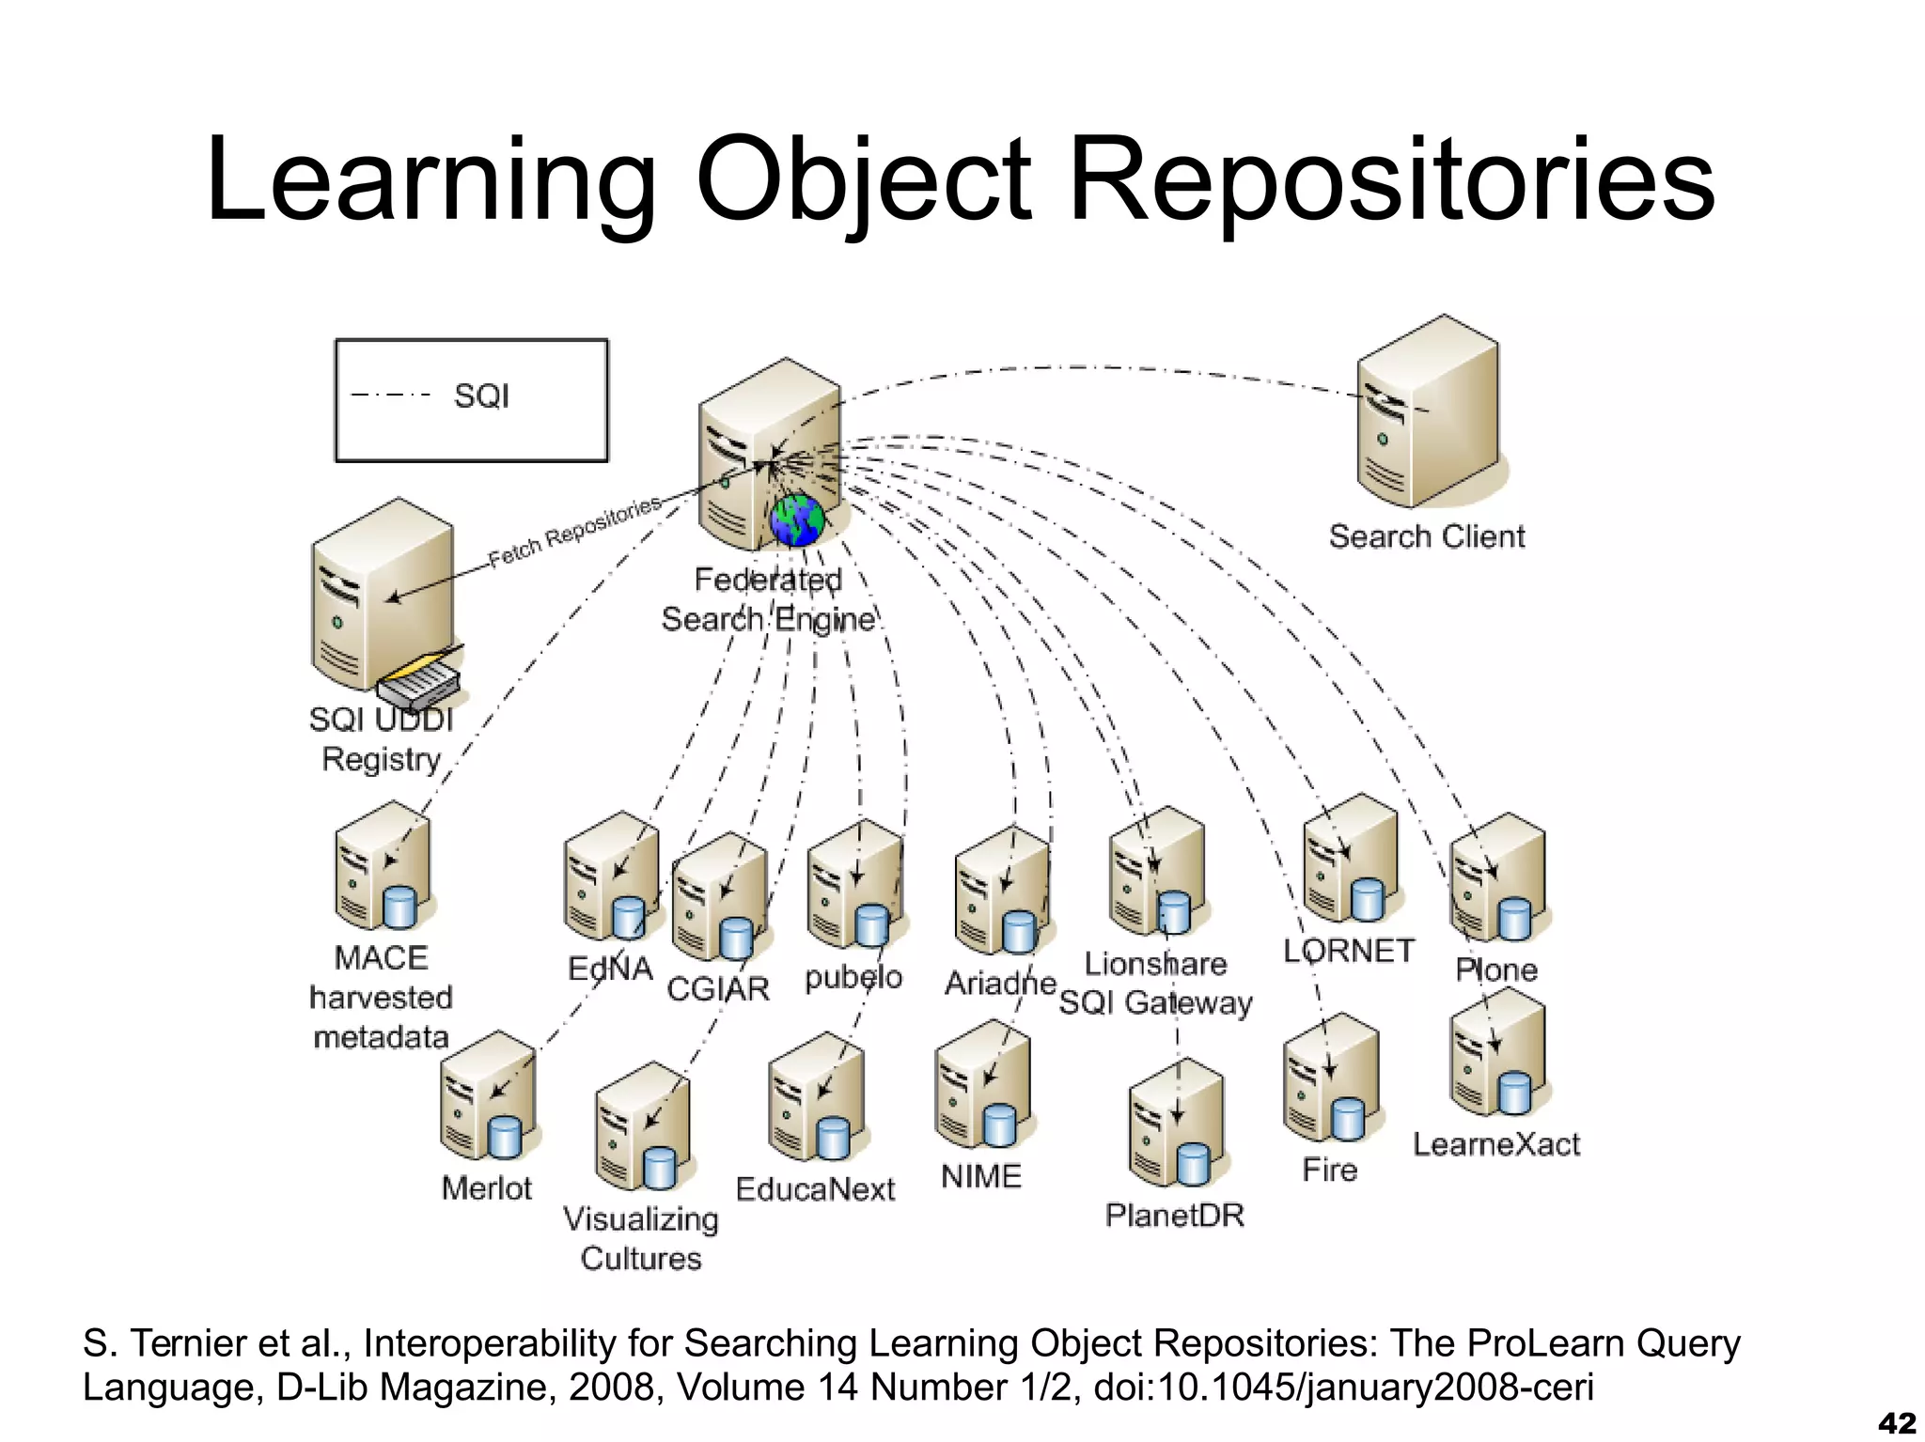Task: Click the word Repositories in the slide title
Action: pyautogui.click(x=1391, y=180)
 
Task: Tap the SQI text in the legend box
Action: pyautogui.click(x=481, y=396)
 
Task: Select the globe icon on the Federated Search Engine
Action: pyautogui.click(x=797, y=520)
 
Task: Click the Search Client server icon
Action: pyautogui.click(x=1427, y=413)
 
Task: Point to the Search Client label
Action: pyautogui.click(x=1426, y=536)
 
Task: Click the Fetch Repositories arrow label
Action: pyautogui.click(x=575, y=532)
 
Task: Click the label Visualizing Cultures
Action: pyautogui.click(x=641, y=1238)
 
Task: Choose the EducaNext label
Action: pyautogui.click(x=815, y=1189)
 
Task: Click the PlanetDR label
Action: pyautogui.click(x=1175, y=1216)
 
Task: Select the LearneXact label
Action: pyautogui.click(x=1496, y=1144)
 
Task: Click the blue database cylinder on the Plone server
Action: pyautogui.click(x=1514, y=919)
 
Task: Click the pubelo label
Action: pyautogui.click(x=853, y=978)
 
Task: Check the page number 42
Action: pyautogui.click(x=1896, y=1423)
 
